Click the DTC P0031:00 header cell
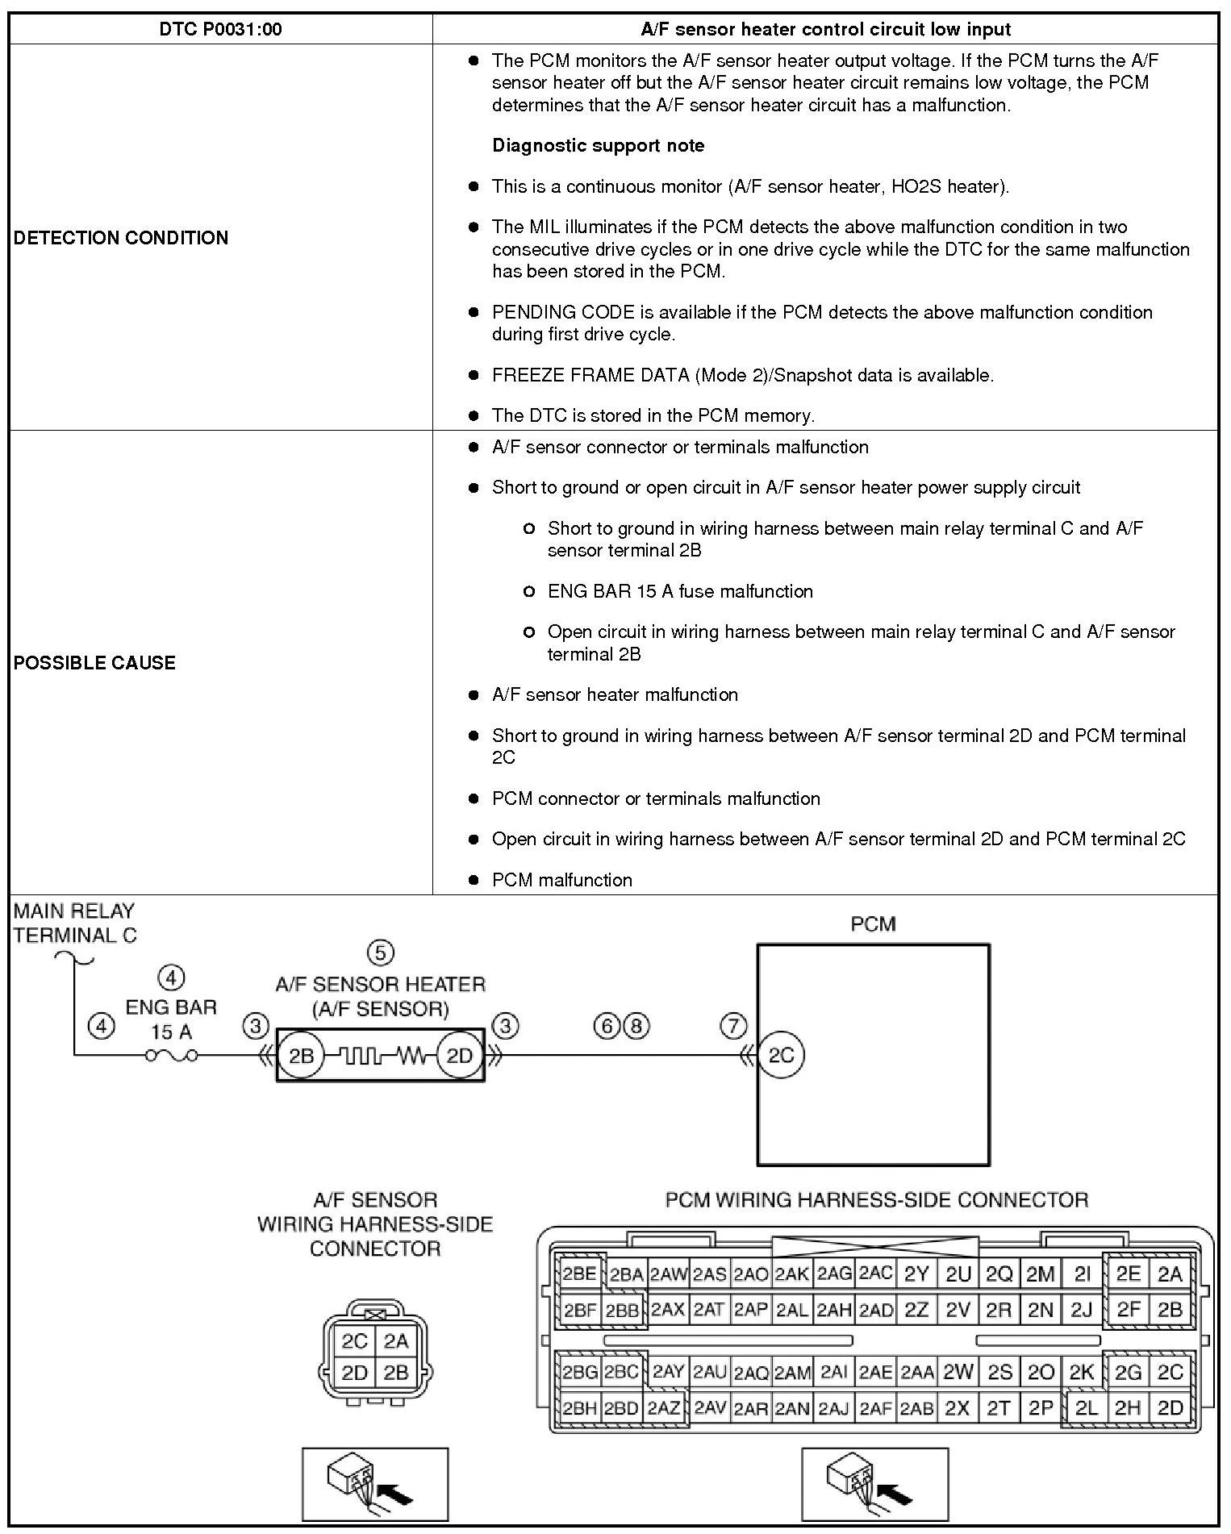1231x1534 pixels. point(220,30)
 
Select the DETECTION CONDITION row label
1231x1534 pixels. point(121,238)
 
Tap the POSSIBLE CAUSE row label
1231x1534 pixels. point(94,663)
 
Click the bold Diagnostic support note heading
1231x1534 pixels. point(598,146)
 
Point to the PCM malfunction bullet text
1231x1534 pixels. point(561,880)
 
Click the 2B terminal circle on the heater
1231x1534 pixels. point(300,1055)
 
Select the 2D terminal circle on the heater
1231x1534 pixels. point(459,1055)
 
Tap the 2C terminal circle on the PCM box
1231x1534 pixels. point(781,1055)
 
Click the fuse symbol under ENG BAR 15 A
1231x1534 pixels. point(171,1055)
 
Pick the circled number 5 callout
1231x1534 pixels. point(380,952)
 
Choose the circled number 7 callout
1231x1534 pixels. point(732,1026)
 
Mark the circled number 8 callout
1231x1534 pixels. point(636,1026)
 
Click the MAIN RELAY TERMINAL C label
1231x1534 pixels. point(74,923)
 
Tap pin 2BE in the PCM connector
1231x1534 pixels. point(579,1273)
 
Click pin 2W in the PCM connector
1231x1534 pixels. point(958,1372)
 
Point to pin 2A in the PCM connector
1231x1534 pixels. point(1170,1273)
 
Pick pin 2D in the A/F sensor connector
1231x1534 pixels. point(354,1373)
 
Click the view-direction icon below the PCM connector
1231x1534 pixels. point(874,1484)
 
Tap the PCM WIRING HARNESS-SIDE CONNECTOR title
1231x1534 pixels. point(876,1200)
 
